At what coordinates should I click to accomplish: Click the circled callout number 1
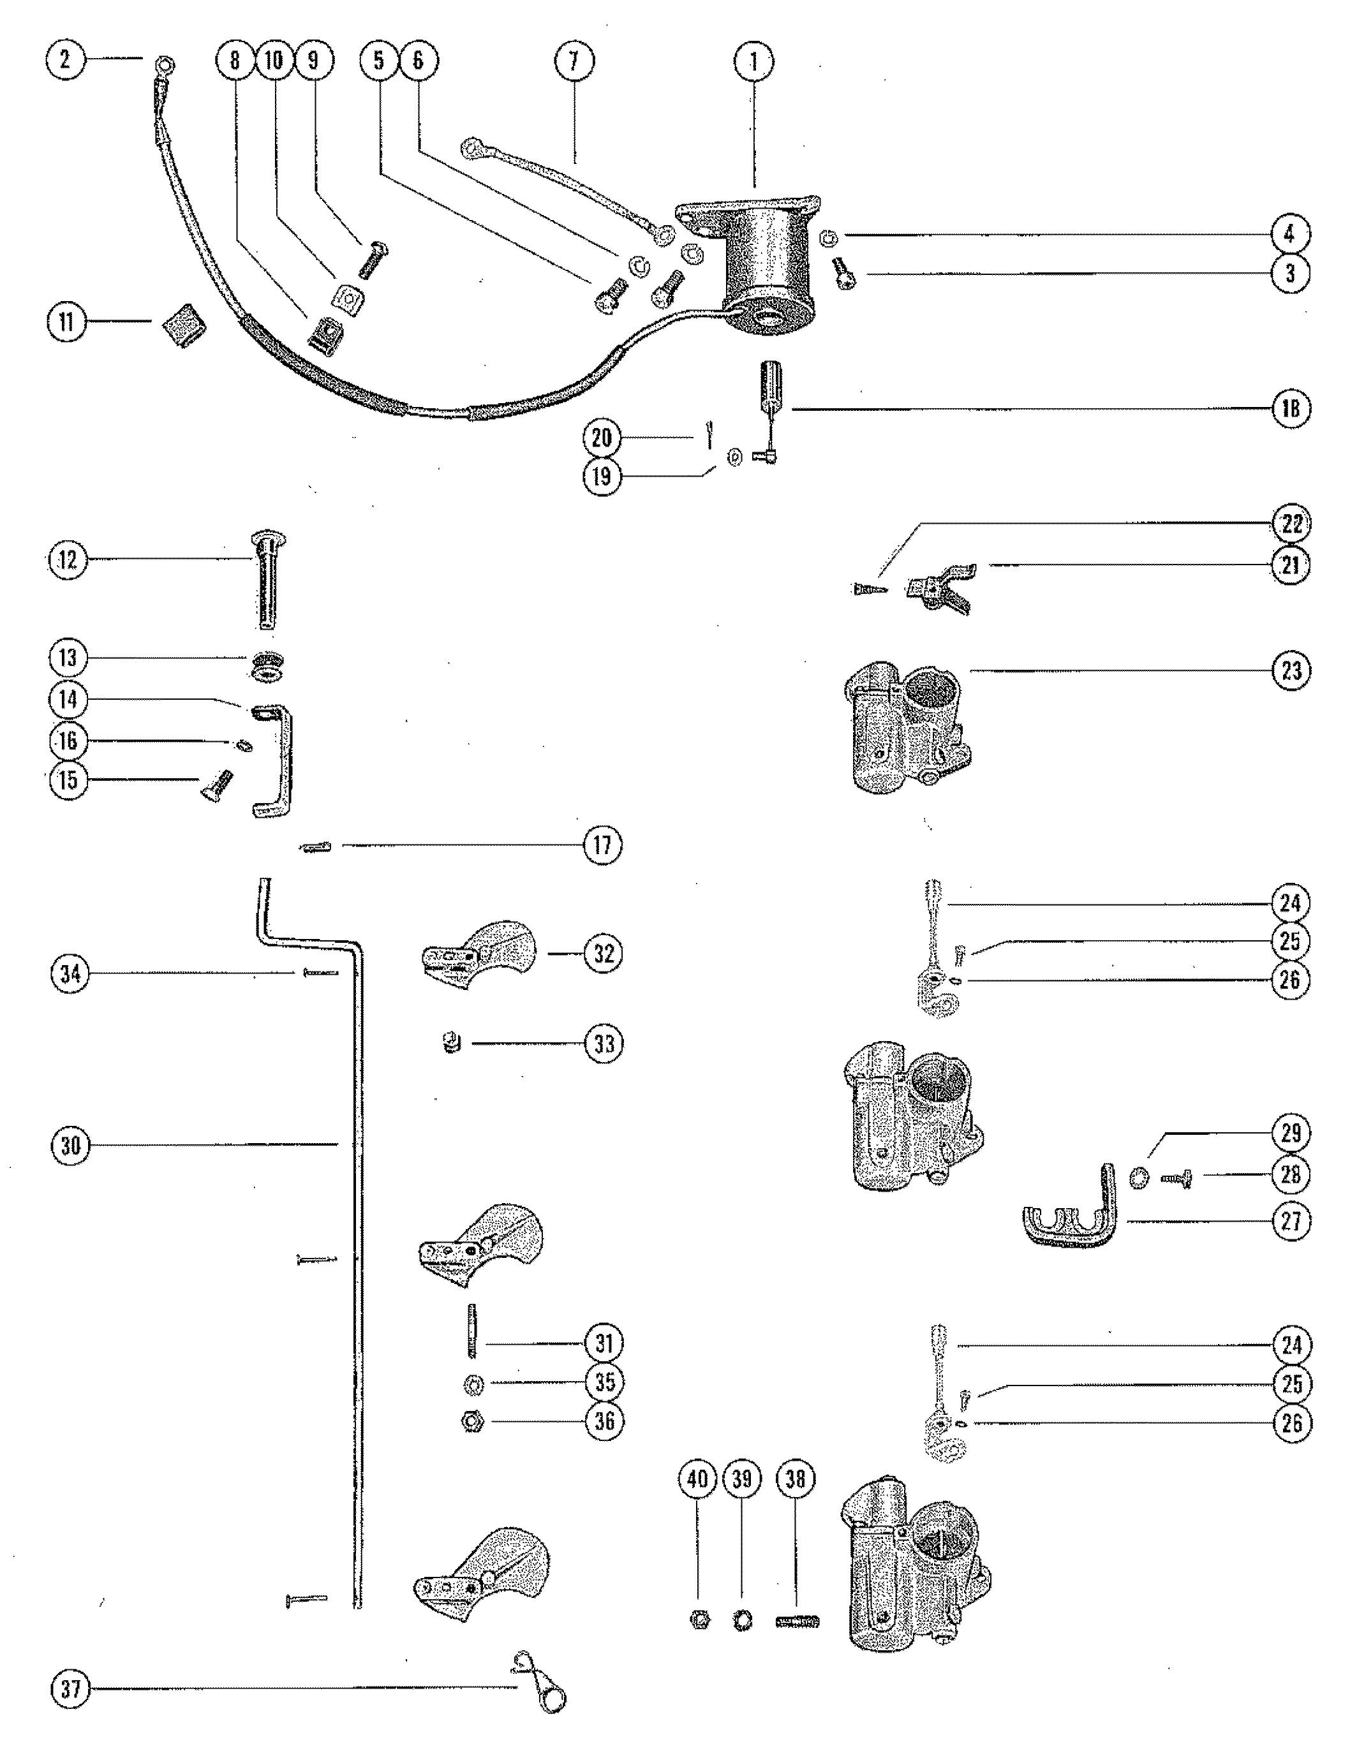coord(753,62)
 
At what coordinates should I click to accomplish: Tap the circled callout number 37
coord(71,1690)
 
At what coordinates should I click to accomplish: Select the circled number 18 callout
coord(1291,409)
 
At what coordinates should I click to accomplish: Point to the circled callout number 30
coord(71,1145)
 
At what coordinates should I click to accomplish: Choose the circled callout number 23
coord(1291,670)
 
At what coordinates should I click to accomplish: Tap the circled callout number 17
coord(602,845)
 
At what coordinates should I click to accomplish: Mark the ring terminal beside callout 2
coord(166,64)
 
